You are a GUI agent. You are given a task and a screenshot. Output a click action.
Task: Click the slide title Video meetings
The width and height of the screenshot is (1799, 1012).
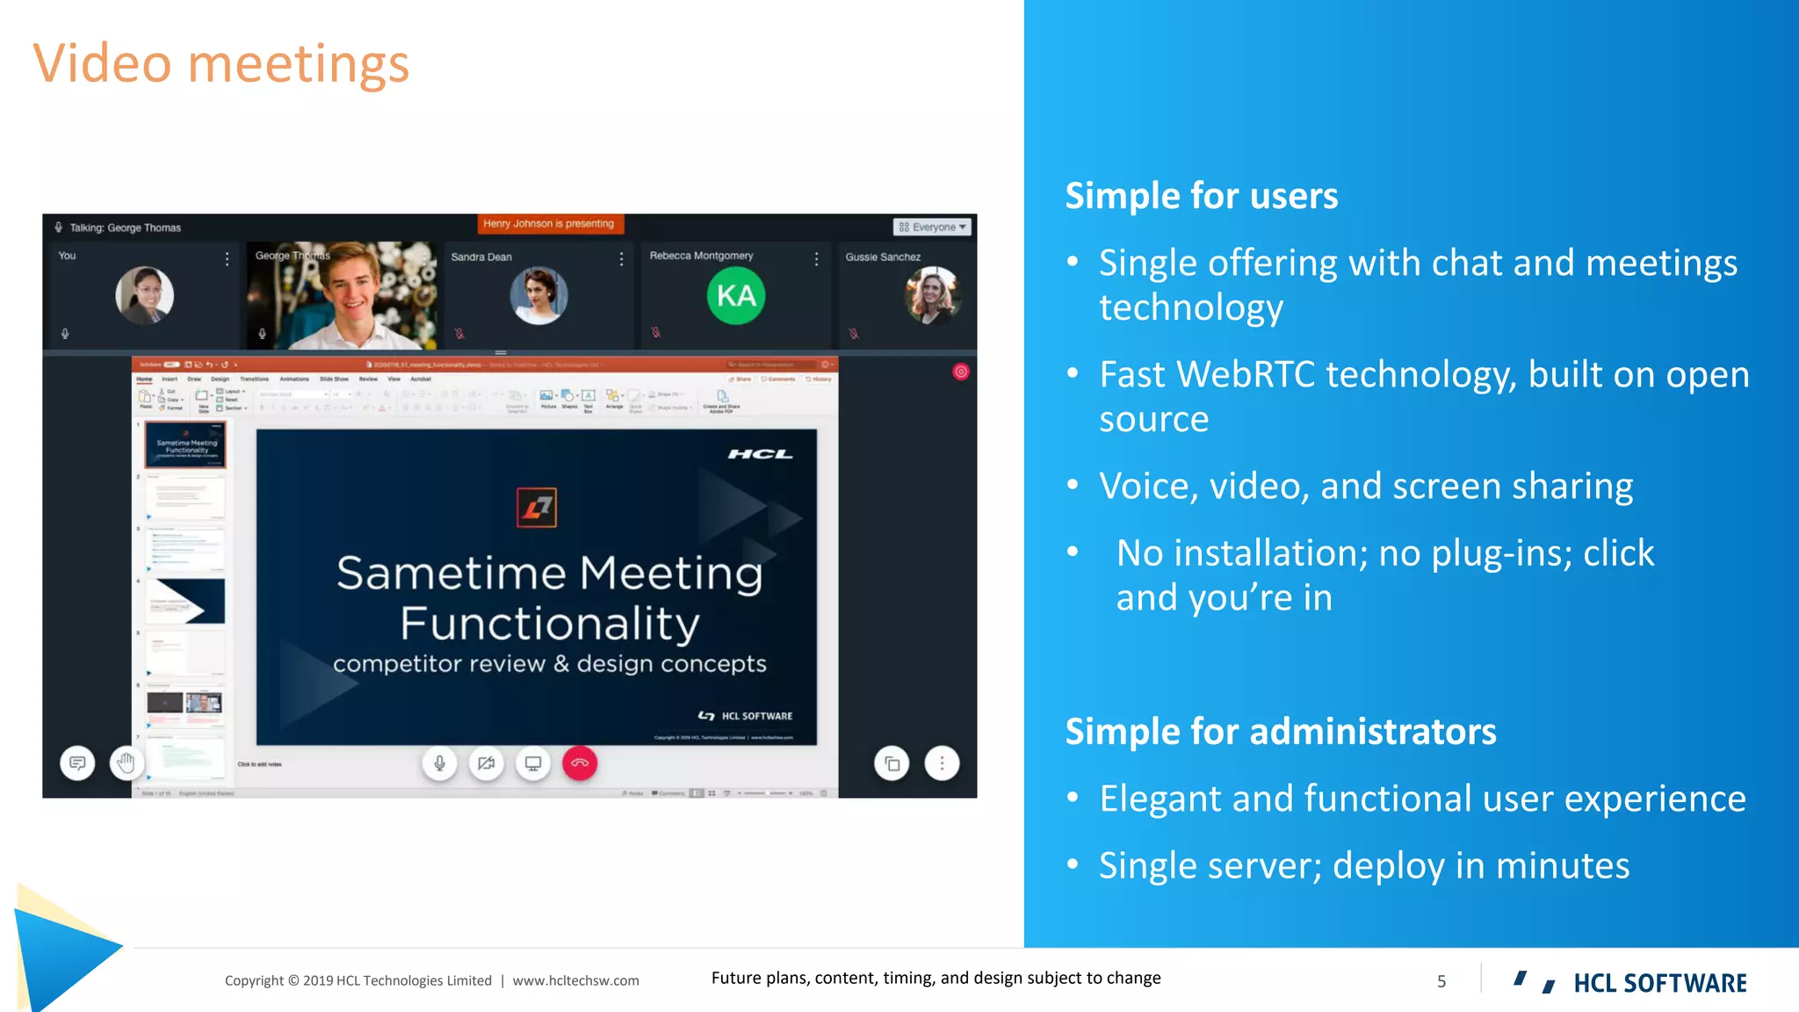point(221,64)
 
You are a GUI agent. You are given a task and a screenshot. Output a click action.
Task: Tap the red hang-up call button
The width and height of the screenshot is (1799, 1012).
point(580,763)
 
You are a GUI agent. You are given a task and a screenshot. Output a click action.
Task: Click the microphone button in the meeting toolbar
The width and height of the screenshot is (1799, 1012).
point(440,763)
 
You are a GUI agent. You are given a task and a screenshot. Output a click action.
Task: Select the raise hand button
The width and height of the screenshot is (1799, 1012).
point(126,763)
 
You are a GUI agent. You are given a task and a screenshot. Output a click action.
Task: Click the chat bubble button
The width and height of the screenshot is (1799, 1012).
point(77,763)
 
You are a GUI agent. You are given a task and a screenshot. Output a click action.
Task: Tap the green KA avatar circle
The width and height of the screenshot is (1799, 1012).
point(736,296)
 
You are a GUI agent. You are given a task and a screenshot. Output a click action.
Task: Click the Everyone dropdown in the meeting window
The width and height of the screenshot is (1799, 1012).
point(933,227)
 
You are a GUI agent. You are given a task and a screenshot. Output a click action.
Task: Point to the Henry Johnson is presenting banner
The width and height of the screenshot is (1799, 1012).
point(550,224)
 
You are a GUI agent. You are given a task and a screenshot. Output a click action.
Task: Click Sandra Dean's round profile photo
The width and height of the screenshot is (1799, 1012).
point(538,296)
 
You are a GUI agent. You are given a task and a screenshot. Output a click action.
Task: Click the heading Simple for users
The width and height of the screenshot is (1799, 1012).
point(1201,196)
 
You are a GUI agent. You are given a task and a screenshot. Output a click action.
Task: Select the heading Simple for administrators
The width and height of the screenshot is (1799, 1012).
point(1280,732)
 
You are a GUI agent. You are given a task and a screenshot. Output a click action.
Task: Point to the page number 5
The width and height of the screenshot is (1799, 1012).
point(1441,981)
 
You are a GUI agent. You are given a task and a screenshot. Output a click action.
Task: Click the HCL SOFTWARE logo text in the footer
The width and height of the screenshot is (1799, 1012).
point(1659,983)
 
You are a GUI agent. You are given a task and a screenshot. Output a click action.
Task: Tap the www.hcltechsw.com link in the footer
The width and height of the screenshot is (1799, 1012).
point(575,980)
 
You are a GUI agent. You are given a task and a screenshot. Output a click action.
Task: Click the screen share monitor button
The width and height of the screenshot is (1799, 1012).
point(533,763)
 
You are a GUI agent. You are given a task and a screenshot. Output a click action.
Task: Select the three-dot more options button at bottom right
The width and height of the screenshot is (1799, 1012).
point(942,763)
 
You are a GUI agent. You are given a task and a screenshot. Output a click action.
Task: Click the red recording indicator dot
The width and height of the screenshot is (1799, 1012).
point(961,372)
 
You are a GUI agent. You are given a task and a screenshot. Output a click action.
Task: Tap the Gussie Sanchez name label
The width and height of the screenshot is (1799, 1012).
point(883,257)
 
